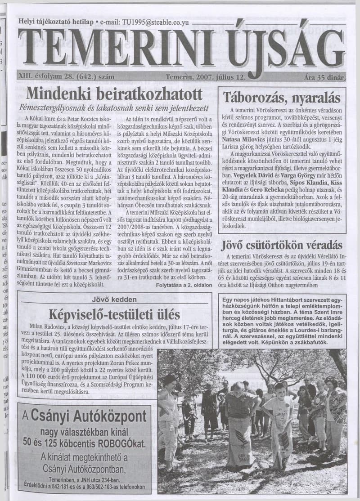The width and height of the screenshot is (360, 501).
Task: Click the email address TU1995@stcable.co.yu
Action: click(152, 22)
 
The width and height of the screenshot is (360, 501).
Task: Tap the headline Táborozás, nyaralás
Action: click(282, 98)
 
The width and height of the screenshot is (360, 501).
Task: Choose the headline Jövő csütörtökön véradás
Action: click(281, 246)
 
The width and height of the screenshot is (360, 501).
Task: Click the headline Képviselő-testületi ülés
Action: click(114, 313)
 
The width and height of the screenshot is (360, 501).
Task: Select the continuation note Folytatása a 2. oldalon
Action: click(183, 286)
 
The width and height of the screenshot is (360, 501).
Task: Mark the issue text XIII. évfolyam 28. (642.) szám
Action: click(67, 77)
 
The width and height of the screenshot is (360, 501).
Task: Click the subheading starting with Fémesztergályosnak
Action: click(114, 108)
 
